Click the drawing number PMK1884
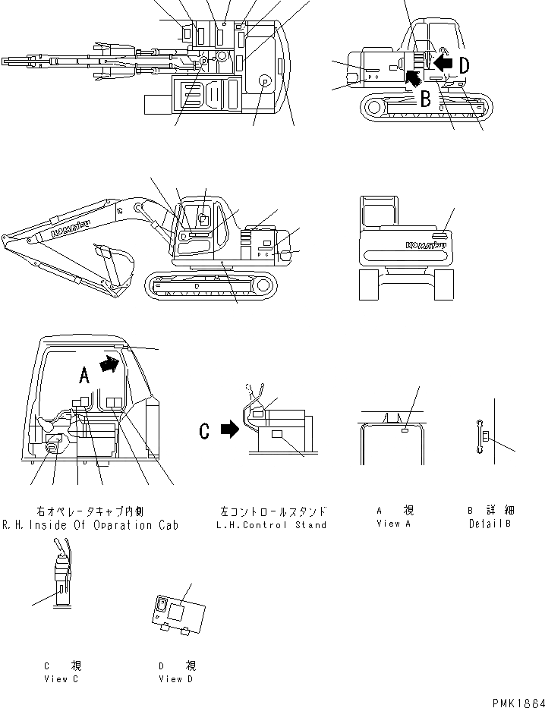(511, 701)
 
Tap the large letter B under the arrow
(427, 98)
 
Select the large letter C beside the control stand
(204, 431)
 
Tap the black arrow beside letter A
(110, 364)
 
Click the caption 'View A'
(395, 524)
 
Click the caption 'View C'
(61, 679)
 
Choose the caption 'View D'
(176, 679)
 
